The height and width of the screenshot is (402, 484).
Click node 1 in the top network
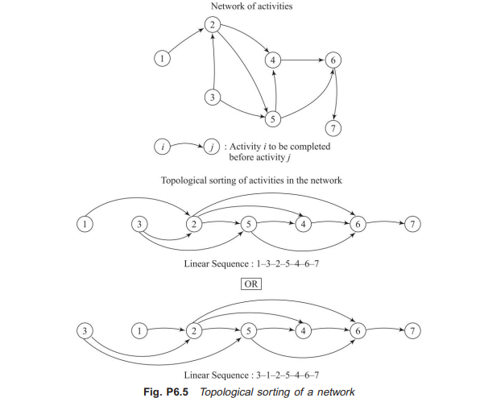(164, 58)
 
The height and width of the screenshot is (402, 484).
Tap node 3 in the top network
(213, 98)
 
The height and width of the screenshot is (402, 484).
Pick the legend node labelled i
(164, 147)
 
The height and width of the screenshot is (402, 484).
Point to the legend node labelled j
(212, 147)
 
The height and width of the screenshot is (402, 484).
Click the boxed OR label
(247, 284)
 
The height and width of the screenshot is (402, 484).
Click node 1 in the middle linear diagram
(86, 223)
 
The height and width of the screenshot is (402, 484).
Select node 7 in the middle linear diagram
(413, 223)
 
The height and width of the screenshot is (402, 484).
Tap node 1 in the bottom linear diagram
(140, 330)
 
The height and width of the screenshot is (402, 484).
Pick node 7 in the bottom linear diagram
(413, 330)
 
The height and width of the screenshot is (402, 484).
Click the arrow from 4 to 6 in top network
(302, 59)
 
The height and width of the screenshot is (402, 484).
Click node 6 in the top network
(332, 59)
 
